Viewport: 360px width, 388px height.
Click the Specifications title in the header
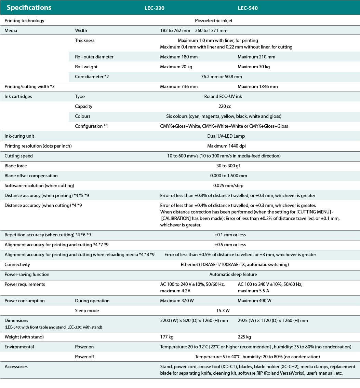29,8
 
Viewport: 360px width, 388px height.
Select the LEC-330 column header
155,8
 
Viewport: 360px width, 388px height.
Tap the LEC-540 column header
248,8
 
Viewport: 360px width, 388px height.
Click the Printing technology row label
24,20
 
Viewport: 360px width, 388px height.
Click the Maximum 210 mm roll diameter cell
256,57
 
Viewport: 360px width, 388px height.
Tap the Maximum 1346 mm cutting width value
258,86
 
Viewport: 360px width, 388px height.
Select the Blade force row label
16,166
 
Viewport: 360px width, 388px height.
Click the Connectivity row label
17,264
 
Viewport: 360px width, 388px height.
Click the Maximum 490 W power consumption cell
255,301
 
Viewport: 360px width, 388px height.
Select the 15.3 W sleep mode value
223,310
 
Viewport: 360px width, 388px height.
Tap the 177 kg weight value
167,337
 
